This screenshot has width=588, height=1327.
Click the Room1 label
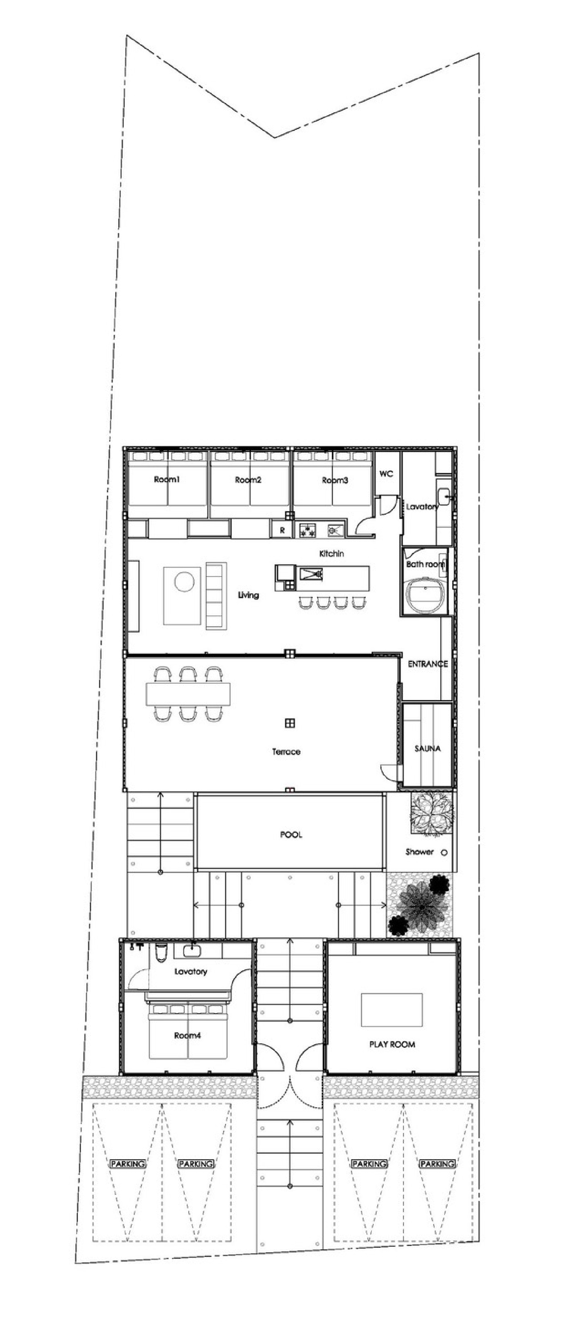point(167,479)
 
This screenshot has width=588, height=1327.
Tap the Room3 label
point(335,480)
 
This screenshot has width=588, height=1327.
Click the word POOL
point(291,835)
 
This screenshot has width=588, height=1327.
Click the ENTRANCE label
point(427,664)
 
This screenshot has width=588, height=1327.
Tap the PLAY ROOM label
point(392,1044)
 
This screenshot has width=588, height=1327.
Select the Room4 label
point(187,1036)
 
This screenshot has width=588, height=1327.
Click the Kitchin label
point(332,554)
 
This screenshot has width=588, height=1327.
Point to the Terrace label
point(286,751)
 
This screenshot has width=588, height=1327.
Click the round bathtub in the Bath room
point(426,595)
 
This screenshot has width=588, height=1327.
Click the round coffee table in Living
point(184,582)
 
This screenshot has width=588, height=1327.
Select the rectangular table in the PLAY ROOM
point(392,1010)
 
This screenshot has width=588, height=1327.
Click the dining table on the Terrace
point(188,694)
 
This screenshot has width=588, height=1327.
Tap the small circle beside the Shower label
point(444,852)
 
